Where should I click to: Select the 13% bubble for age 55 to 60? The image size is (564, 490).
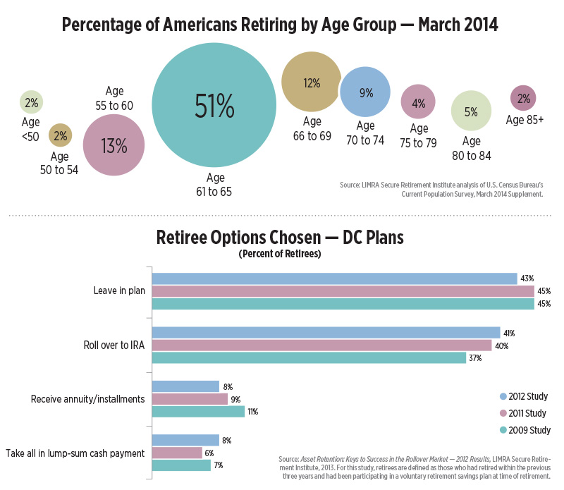(114, 145)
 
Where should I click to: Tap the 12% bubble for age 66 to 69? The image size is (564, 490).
(312, 82)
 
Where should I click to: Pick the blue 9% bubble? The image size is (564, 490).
(366, 92)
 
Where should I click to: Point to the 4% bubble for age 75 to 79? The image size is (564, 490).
(419, 103)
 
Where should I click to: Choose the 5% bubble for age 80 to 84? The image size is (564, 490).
(471, 111)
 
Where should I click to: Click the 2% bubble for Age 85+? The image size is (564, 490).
(524, 99)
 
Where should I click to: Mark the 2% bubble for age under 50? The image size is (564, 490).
(31, 103)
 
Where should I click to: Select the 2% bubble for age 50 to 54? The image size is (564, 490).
(59, 135)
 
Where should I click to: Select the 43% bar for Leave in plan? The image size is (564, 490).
(335, 278)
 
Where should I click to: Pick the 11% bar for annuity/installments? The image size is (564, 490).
(198, 412)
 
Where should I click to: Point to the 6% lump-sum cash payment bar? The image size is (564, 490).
(177, 453)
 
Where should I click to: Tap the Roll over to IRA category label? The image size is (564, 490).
(113, 345)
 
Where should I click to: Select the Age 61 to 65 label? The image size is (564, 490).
(214, 185)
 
